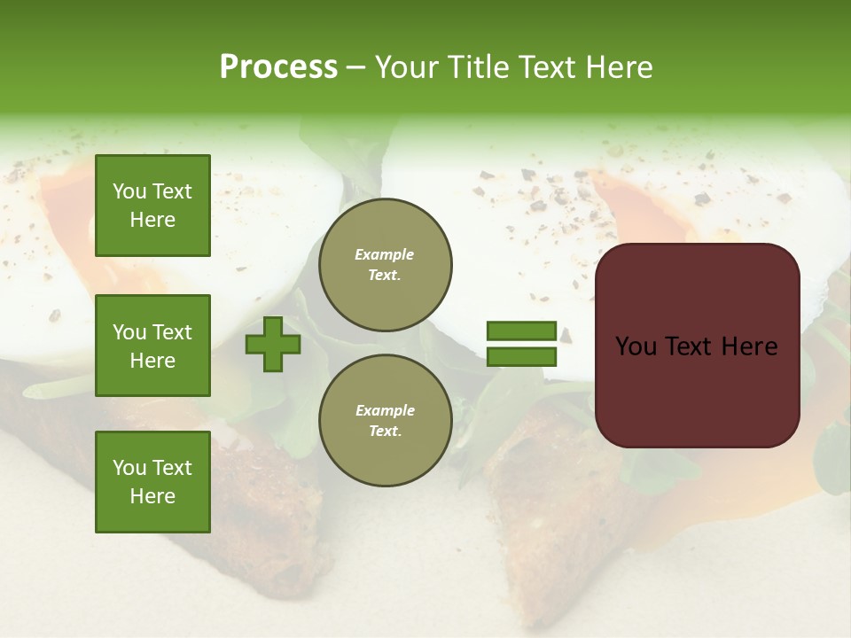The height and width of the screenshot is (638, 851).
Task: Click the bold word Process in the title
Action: point(278,67)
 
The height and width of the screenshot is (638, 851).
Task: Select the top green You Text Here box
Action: point(152,206)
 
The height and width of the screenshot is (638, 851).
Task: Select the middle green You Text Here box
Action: point(152,346)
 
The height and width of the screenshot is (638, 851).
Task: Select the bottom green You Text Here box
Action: point(152,481)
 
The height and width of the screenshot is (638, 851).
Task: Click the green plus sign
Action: point(273,345)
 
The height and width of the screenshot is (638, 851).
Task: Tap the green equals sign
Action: point(522,344)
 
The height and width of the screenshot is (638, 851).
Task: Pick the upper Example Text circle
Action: point(385,265)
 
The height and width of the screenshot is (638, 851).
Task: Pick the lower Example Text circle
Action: point(385,421)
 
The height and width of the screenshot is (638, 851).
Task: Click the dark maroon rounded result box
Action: point(697,346)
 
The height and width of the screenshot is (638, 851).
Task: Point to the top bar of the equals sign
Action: point(522,331)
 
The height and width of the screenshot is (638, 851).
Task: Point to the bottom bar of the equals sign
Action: point(522,356)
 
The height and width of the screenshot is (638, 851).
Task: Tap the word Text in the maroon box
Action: point(694,346)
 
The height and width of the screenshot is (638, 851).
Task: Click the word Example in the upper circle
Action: point(385,254)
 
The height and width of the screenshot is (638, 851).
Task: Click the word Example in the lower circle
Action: point(385,410)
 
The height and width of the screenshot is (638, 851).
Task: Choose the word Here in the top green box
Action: point(152,220)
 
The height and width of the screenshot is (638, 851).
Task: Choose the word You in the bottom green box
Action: point(129,467)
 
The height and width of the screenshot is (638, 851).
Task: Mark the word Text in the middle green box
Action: point(172,332)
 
